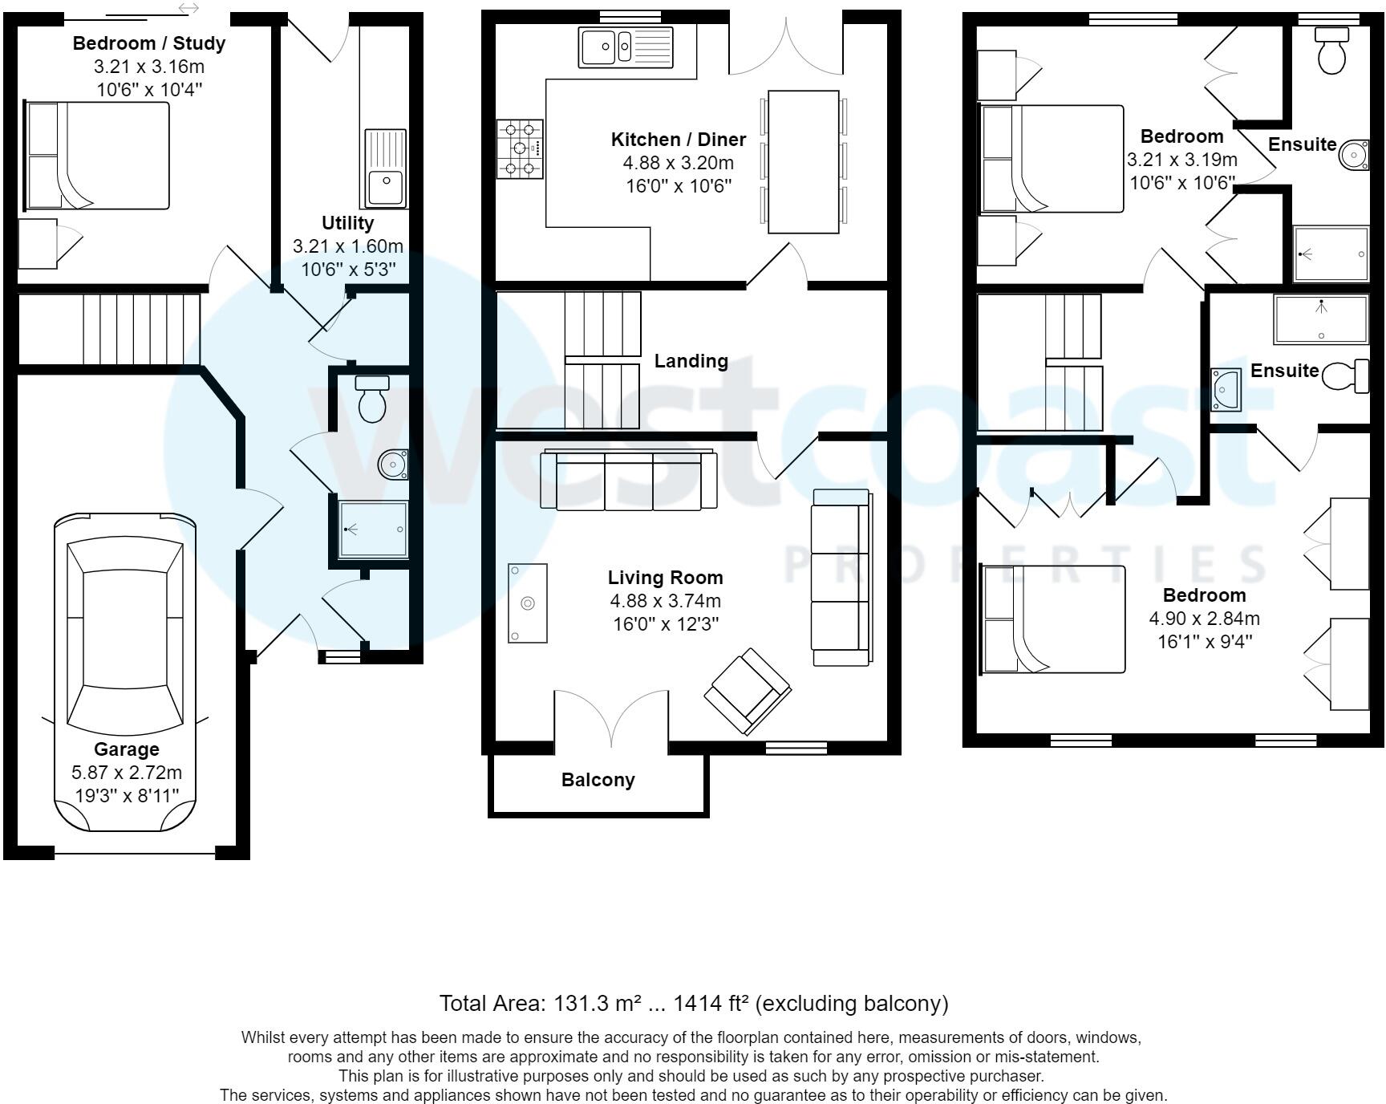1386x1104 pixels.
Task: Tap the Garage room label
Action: [x=127, y=749]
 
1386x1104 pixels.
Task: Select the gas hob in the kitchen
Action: [x=520, y=149]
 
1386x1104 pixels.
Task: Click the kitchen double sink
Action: [x=626, y=46]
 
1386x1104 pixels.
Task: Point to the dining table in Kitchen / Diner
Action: [x=804, y=162]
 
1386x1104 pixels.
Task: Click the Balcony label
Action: [x=598, y=780]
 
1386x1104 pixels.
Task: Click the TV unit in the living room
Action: [x=528, y=603]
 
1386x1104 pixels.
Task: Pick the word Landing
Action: [x=691, y=361]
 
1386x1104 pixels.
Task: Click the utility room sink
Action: [x=387, y=168]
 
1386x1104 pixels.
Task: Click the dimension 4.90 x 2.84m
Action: [x=1205, y=619]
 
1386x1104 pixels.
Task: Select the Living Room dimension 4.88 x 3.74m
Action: [x=666, y=601]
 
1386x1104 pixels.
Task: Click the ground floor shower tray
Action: [x=374, y=530]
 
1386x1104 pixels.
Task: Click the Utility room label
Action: [x=348, y=223]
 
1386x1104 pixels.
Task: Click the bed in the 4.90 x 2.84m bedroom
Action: [x=1053, y=619]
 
